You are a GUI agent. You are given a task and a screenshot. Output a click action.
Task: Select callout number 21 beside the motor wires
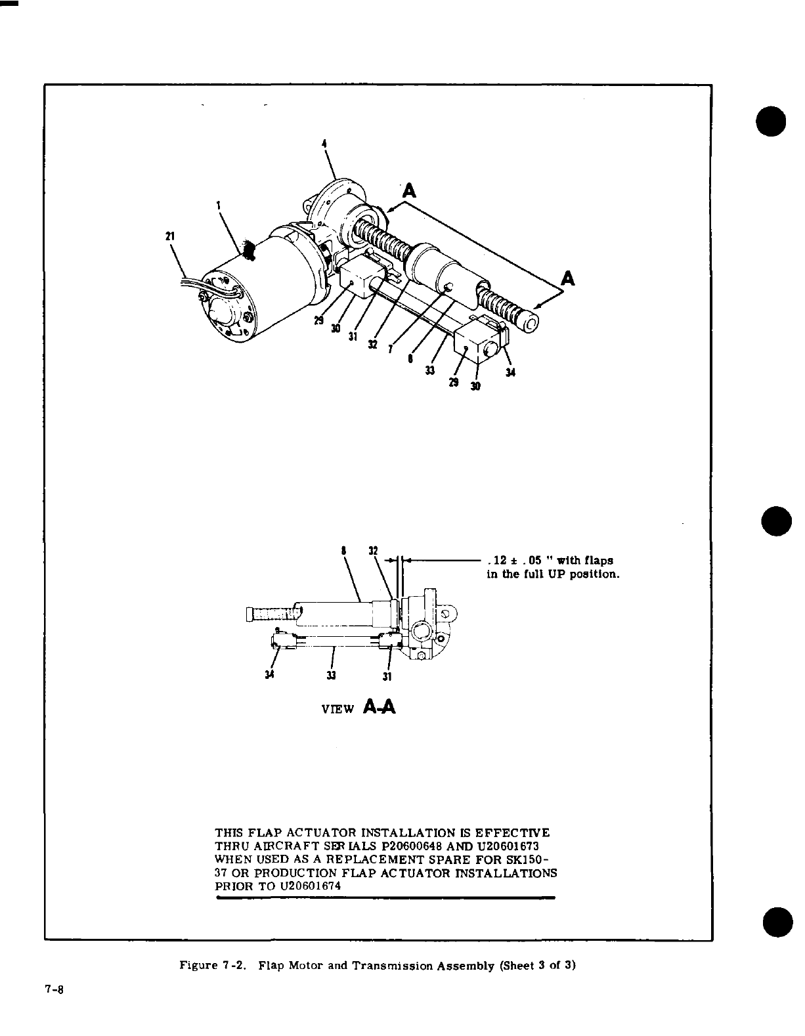click(x=170, y=236)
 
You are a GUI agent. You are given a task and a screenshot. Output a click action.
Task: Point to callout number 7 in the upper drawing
click(x=390, y=349)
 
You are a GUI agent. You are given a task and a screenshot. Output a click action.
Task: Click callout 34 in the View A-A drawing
click(x=271, y=674)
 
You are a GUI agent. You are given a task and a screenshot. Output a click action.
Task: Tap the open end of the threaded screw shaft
click(x=529, y=323)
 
